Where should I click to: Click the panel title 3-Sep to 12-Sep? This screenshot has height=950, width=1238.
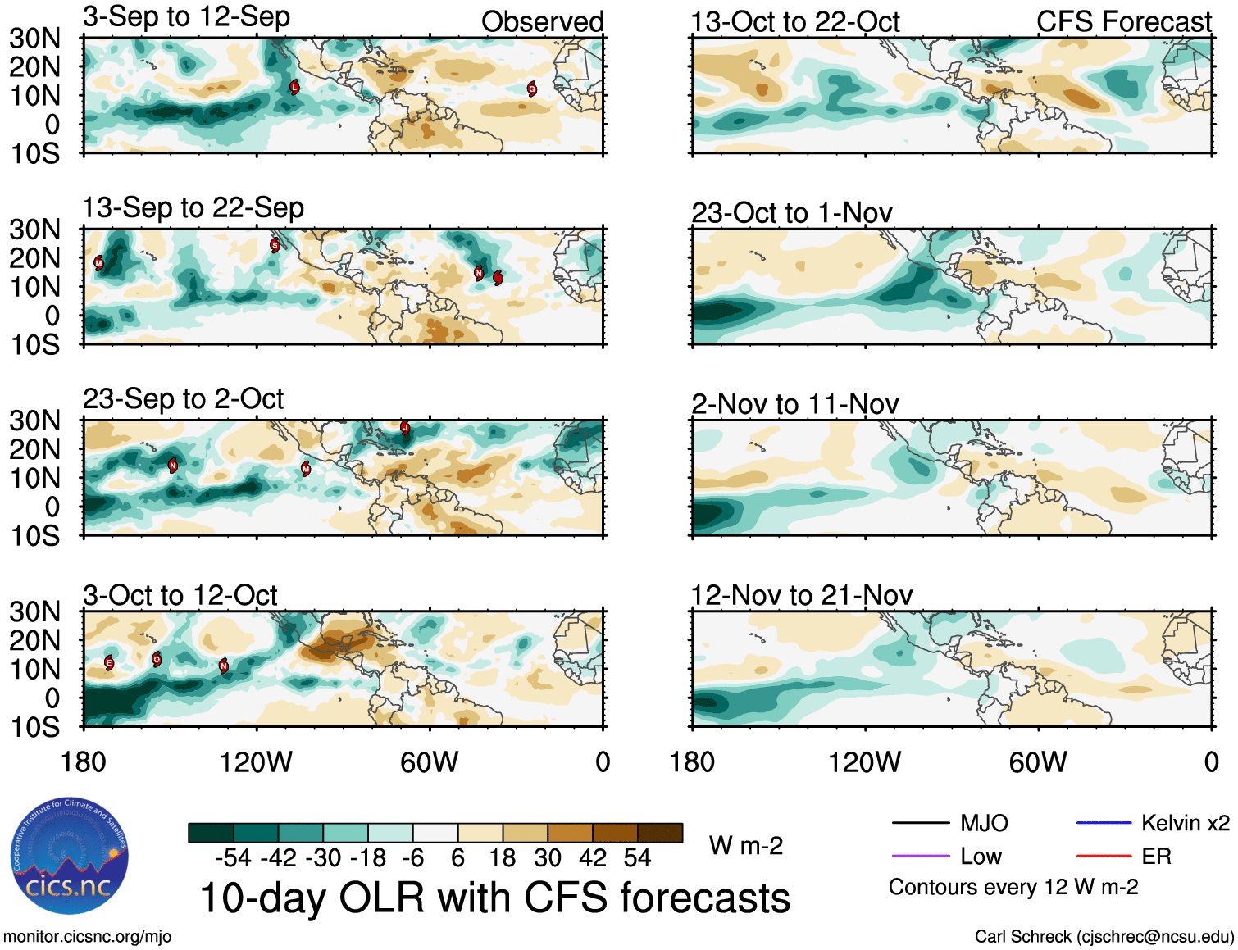(x=186, y=17)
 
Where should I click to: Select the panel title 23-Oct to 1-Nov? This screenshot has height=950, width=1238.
(x=791, y=213)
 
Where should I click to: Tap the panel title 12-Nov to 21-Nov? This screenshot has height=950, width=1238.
(x=801, y=595)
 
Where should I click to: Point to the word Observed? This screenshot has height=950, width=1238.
(x=542, y=22)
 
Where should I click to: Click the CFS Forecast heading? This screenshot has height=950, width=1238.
(x=1123, y=22)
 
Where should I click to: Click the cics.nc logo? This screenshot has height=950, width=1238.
(x=69, y=857)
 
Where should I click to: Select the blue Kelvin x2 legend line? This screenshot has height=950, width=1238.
(x=1103, y=822)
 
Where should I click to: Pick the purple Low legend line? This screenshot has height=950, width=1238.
(x=920, y=857)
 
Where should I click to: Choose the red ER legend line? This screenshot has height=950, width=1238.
(x=1103, y=857)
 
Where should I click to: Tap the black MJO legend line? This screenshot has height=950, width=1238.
(x=920, y=822)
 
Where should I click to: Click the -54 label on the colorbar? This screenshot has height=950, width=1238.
(x=233, y=858)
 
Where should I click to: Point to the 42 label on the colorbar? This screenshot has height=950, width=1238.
(x=593, y=858)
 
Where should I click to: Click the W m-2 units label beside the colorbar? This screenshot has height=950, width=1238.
(x=745, y=846)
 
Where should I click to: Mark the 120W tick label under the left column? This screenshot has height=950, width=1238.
(x=256, y=762)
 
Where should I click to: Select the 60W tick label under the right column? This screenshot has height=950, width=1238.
(x=1038, y=762)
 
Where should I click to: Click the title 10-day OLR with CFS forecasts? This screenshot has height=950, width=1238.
(x=494, y=898)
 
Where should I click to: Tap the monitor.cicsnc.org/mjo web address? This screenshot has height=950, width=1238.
(x=87, y=937)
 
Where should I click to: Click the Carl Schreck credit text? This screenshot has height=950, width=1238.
(x=1104, y=937)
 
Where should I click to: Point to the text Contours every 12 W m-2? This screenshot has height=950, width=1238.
(x=1013, y=887)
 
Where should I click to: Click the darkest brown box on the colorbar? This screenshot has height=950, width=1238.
(x=660, y=833)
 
